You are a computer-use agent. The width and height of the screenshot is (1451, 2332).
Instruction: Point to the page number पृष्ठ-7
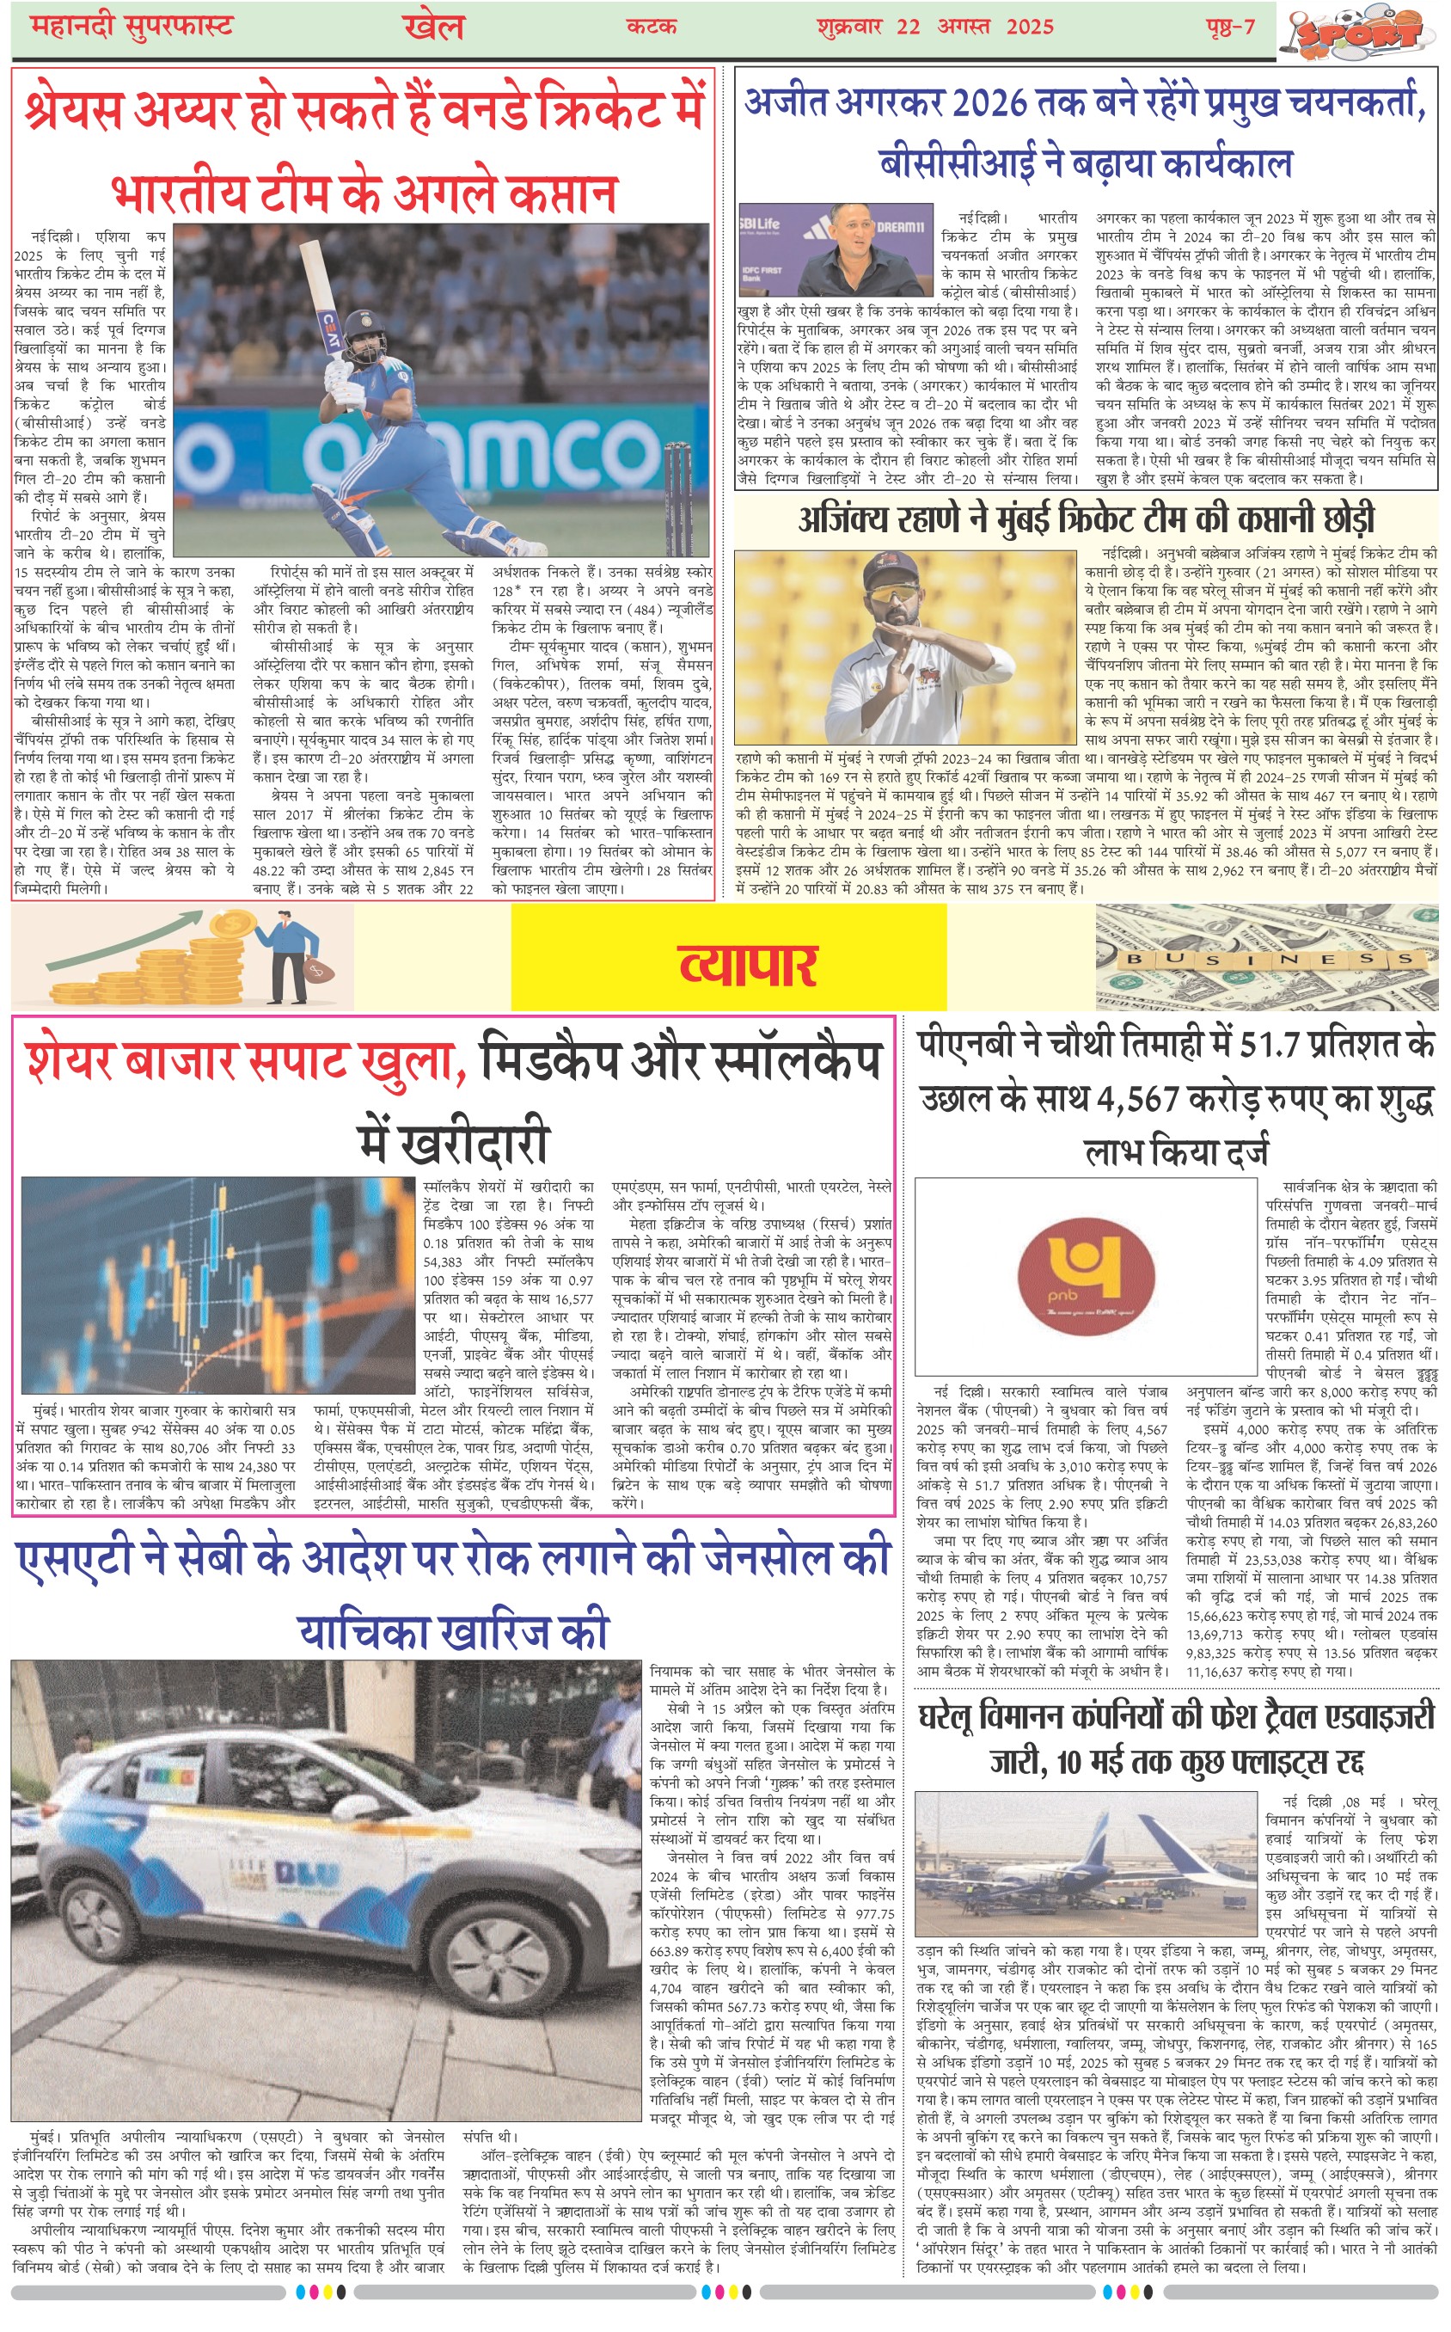click(1230, 26)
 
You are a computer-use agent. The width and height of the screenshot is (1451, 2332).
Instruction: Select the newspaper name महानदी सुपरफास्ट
click(132, 26)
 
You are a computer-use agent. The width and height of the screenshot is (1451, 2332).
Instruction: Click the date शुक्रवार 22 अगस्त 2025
click(934, 26)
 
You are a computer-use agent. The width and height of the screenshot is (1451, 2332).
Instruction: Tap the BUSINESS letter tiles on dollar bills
click(1269, 958)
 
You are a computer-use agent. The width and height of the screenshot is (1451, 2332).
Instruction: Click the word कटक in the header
click(652, 26)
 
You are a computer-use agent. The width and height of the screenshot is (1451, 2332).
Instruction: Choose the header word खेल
click(434, 26)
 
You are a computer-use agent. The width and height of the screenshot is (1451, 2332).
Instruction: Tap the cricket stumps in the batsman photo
click(678, 499)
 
